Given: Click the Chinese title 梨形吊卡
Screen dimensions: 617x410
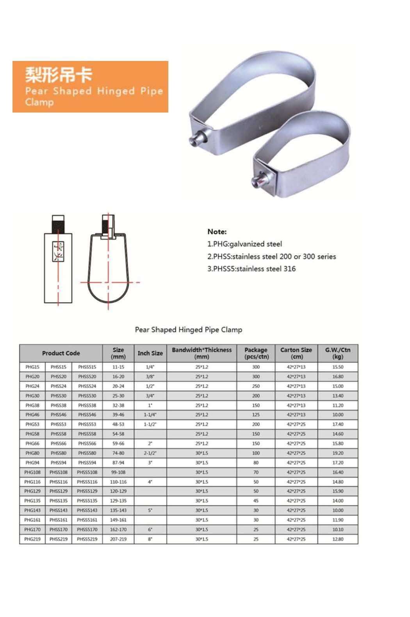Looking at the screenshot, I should click(59, 75).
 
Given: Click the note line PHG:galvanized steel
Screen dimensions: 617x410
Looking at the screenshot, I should click(244, 244).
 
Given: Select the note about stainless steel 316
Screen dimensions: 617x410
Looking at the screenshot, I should click(251, 268).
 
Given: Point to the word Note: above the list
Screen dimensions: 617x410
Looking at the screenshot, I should click(217, 231).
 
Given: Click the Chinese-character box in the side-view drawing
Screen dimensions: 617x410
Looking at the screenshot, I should click(58, 252).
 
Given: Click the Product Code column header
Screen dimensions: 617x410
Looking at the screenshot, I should click(61, 353).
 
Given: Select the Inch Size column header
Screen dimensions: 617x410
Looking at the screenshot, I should click(150, 353).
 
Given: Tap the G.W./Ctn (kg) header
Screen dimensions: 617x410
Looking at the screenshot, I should click(338, 353).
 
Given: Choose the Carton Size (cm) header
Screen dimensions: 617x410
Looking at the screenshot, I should click(296, 353).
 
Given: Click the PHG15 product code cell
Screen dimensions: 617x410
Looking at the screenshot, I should click(32, 367).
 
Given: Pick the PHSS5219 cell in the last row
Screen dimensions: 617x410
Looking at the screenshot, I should click(87, 539).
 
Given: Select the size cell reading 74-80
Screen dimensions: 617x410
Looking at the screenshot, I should click(118, 453).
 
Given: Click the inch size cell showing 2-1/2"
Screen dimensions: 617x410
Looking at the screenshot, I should click(150, 453).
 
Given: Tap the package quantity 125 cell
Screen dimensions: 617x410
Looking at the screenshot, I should click(256, 415).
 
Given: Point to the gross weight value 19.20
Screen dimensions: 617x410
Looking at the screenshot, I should click(338, 453).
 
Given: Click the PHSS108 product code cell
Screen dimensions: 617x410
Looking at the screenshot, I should click(59, 472).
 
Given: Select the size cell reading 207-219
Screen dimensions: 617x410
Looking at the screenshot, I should click(118, 539).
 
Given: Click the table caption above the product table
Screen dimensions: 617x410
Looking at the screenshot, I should click(189, 329).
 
